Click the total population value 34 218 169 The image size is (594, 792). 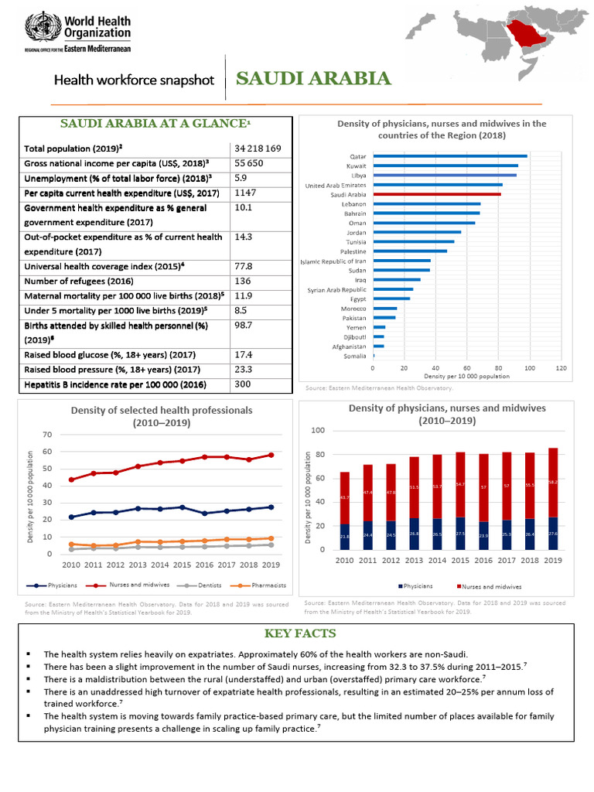(258, 148)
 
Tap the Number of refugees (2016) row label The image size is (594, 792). (78, 281)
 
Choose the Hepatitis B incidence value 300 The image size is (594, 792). (243, 384)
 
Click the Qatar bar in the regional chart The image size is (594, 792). (449, 156)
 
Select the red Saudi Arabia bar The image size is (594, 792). (436, 195)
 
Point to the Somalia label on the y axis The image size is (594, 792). (354, 355)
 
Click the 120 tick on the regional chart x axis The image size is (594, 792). (562, 368)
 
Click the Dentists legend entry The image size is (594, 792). (184, 585)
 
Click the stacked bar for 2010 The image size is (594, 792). (345, 510)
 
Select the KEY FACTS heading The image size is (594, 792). (299, 633)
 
